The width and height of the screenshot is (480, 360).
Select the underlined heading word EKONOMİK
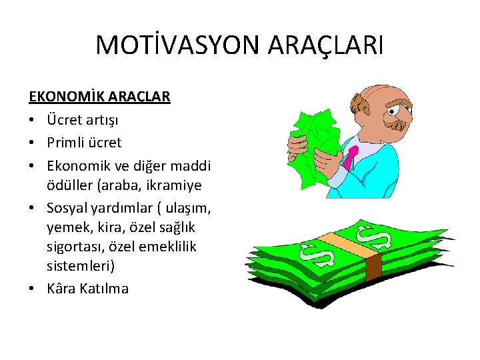point(61,97)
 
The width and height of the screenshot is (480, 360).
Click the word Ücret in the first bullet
point(64,120)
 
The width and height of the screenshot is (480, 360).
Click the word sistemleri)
point(81,267)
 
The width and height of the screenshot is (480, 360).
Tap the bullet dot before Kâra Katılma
point(32,289)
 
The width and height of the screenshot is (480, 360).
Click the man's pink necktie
point(350,157)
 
